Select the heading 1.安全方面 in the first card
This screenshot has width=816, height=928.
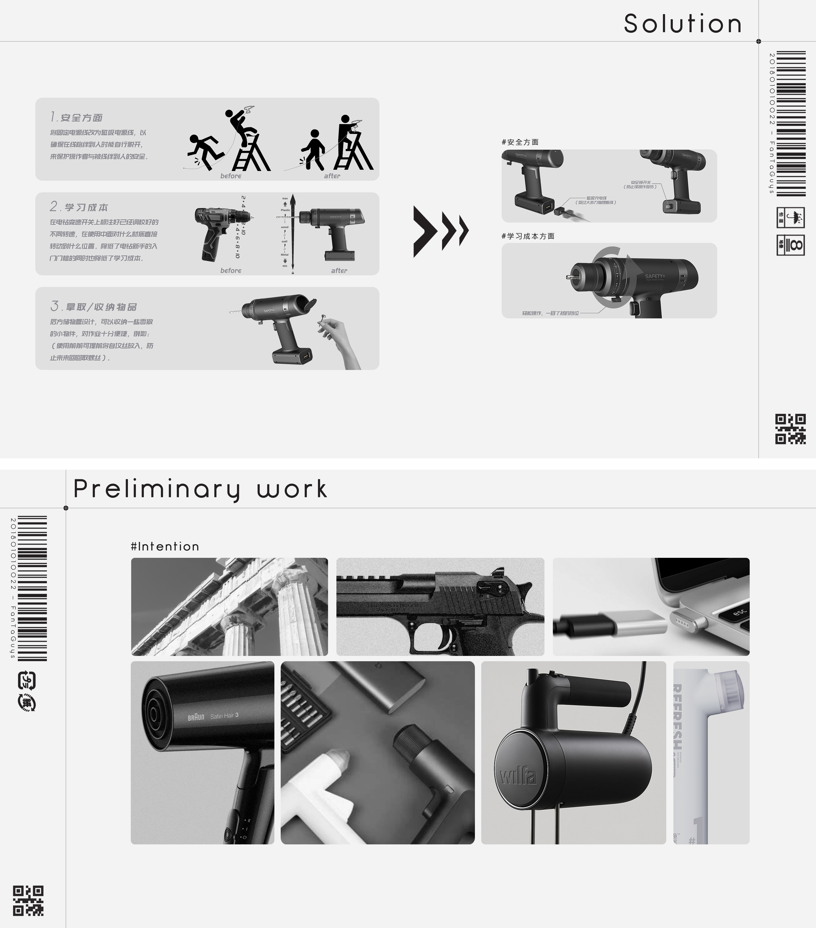(76, 118)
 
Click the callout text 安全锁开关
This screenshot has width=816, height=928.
(640, 183)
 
